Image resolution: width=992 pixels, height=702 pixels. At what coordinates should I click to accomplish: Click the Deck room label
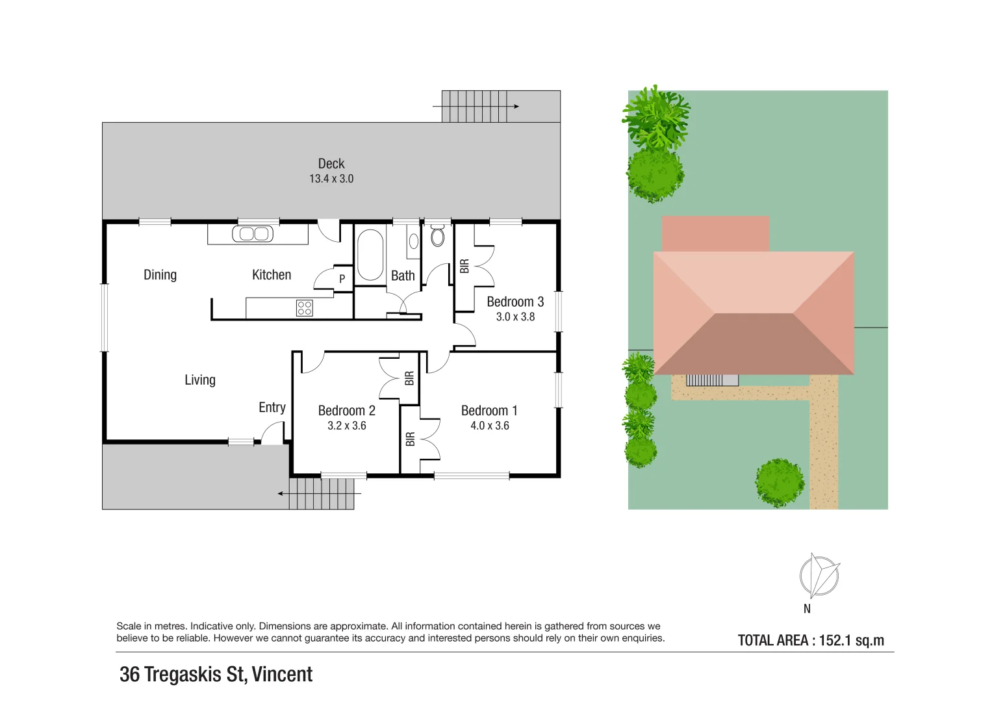click(x=331, y=164)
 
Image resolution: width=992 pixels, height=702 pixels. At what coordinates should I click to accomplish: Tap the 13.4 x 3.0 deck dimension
click(x=331, y=179)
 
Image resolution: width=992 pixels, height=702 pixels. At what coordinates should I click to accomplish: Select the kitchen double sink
click(x=252, y=234)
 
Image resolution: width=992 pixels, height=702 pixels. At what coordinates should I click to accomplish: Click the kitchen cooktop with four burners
click(x=304, y=308)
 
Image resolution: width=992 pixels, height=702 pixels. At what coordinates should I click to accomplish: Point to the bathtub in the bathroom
click(x=370, y=255)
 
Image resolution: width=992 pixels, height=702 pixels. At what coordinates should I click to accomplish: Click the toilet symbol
click(x=438, y=236)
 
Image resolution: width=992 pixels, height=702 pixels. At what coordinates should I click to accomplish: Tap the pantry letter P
click(x=342, y=279)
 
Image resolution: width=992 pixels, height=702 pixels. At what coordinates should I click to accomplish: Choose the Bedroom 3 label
click(x=515, y=302)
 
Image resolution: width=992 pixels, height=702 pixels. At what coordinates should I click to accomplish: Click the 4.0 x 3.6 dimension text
click(x=489, y=426)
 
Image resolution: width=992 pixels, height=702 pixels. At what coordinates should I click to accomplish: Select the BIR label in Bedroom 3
click(x=464, y=266)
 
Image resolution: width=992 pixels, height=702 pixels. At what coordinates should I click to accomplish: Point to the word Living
click(x=199, y=380)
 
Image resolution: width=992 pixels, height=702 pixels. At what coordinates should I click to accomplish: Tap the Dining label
click(x=160, y=275)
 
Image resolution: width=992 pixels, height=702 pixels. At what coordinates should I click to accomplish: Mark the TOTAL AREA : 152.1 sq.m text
click(x=810, y=640)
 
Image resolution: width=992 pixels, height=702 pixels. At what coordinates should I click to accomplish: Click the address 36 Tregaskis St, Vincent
click(x=216, y=674)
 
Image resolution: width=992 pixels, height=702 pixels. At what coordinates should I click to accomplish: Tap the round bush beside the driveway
click(x=779, y=483)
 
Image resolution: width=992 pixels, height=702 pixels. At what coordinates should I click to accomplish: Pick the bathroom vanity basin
click(x=414, y=241)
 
